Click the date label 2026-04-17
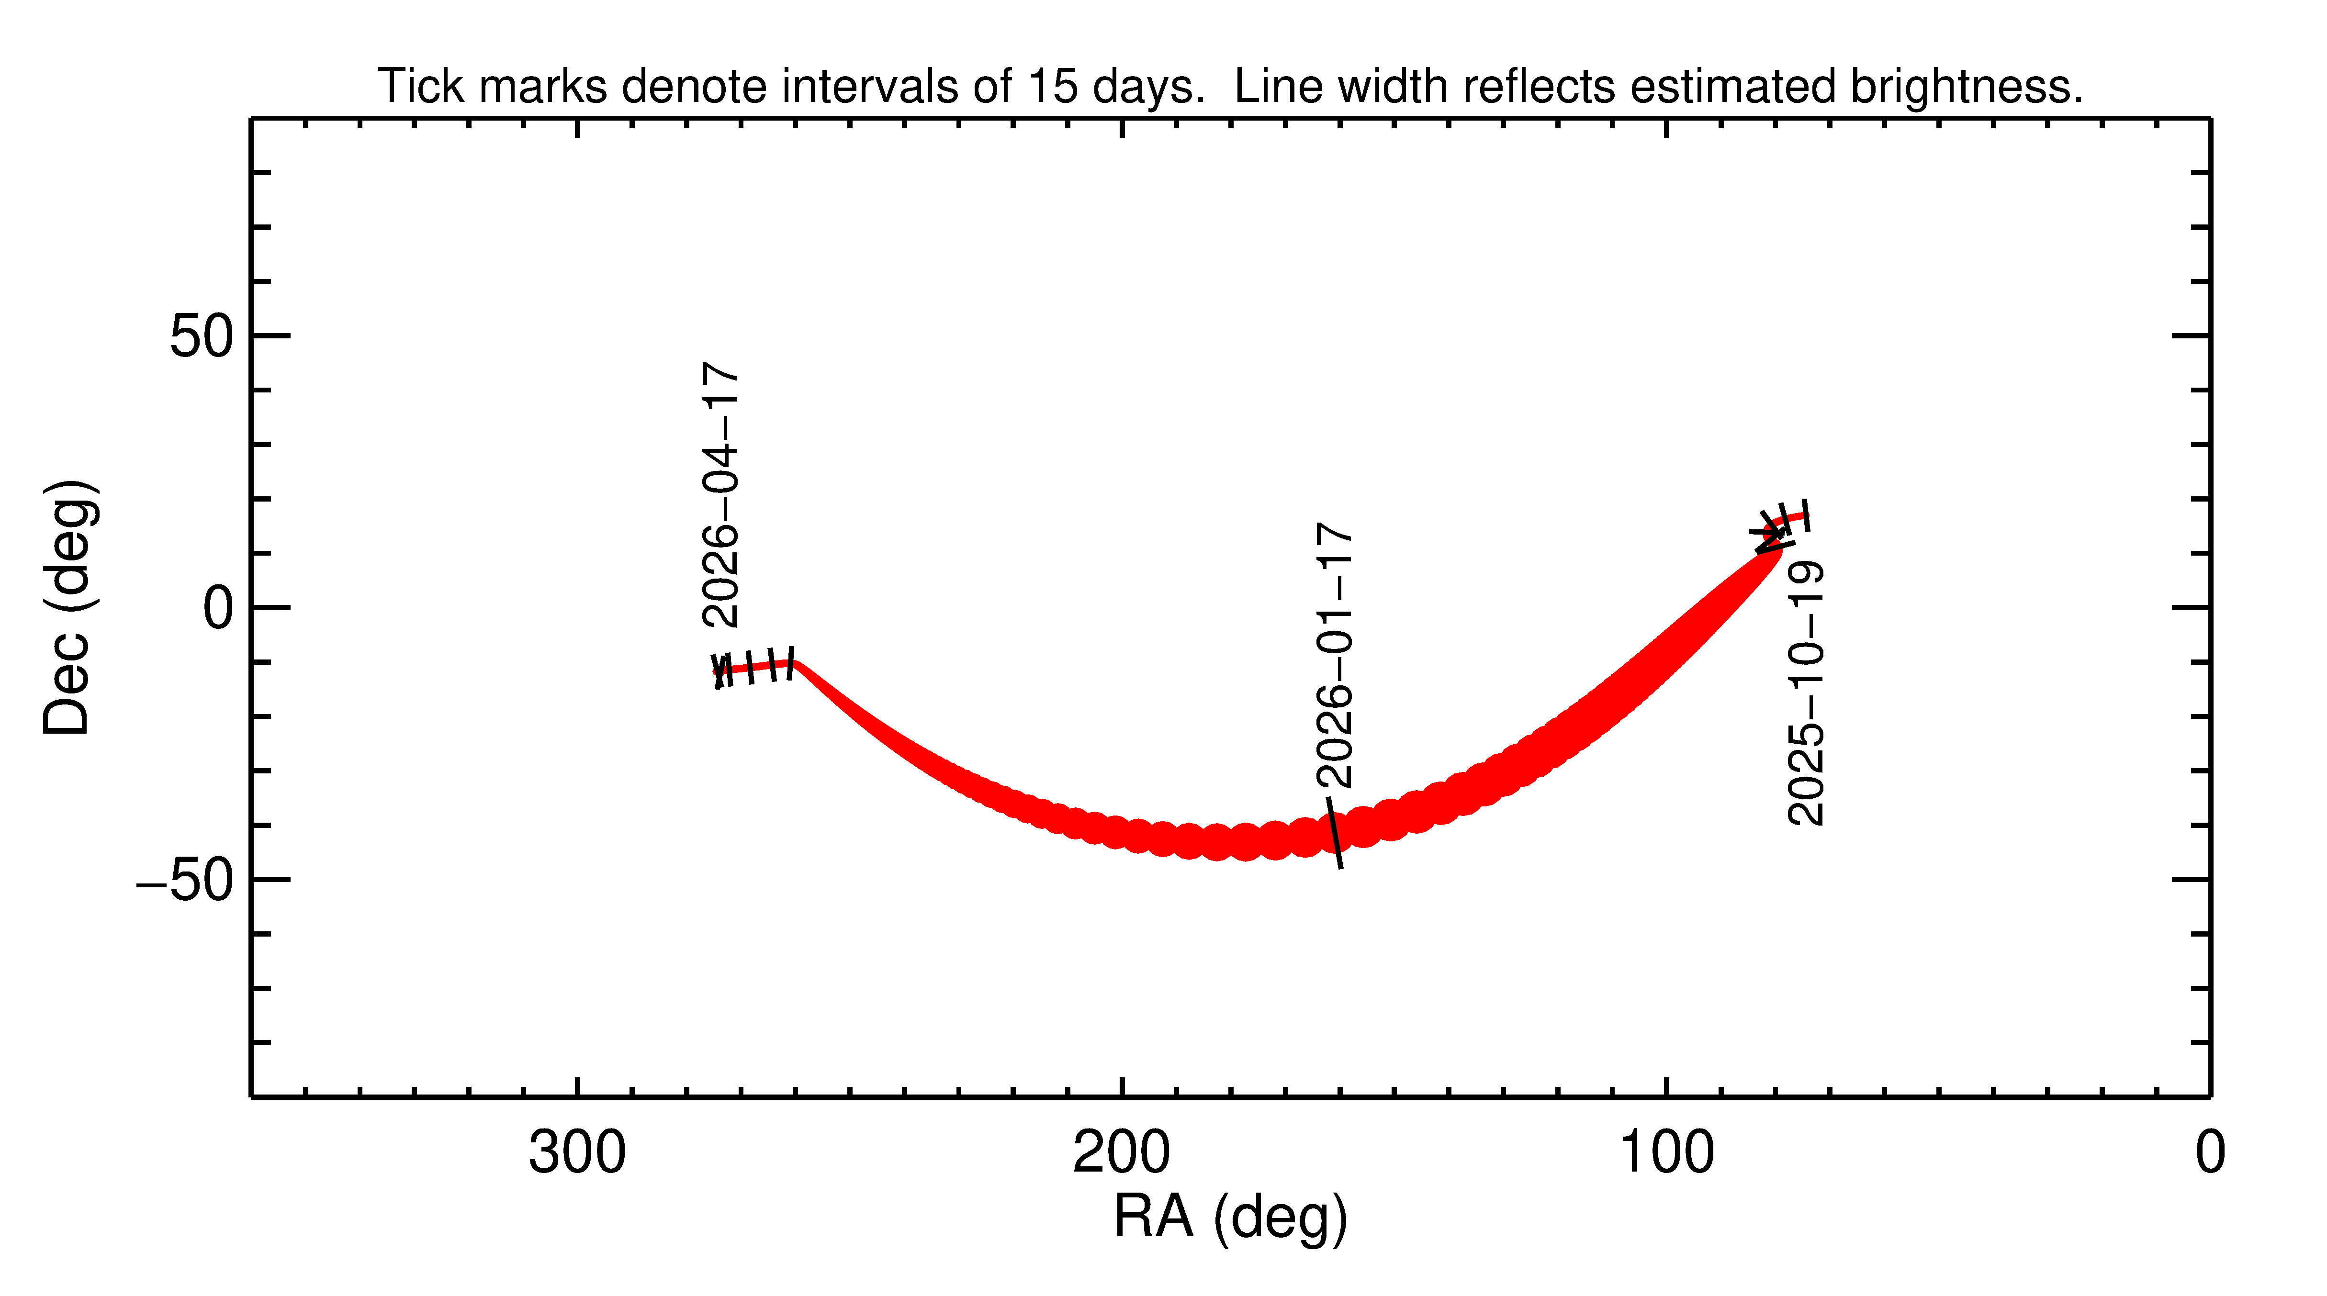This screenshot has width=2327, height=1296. [x=721, y=495]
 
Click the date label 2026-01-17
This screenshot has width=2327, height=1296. [x=1335, y=655]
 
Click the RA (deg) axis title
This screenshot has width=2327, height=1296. [x=1230, y=1218]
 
